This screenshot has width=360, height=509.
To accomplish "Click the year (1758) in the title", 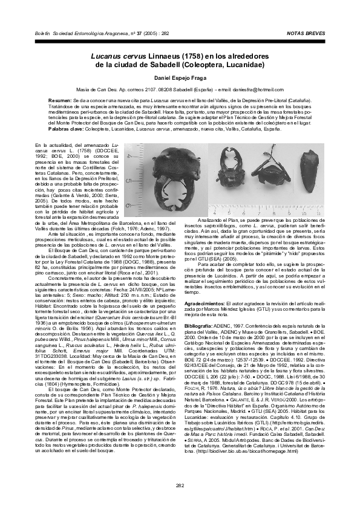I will [191, 56].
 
